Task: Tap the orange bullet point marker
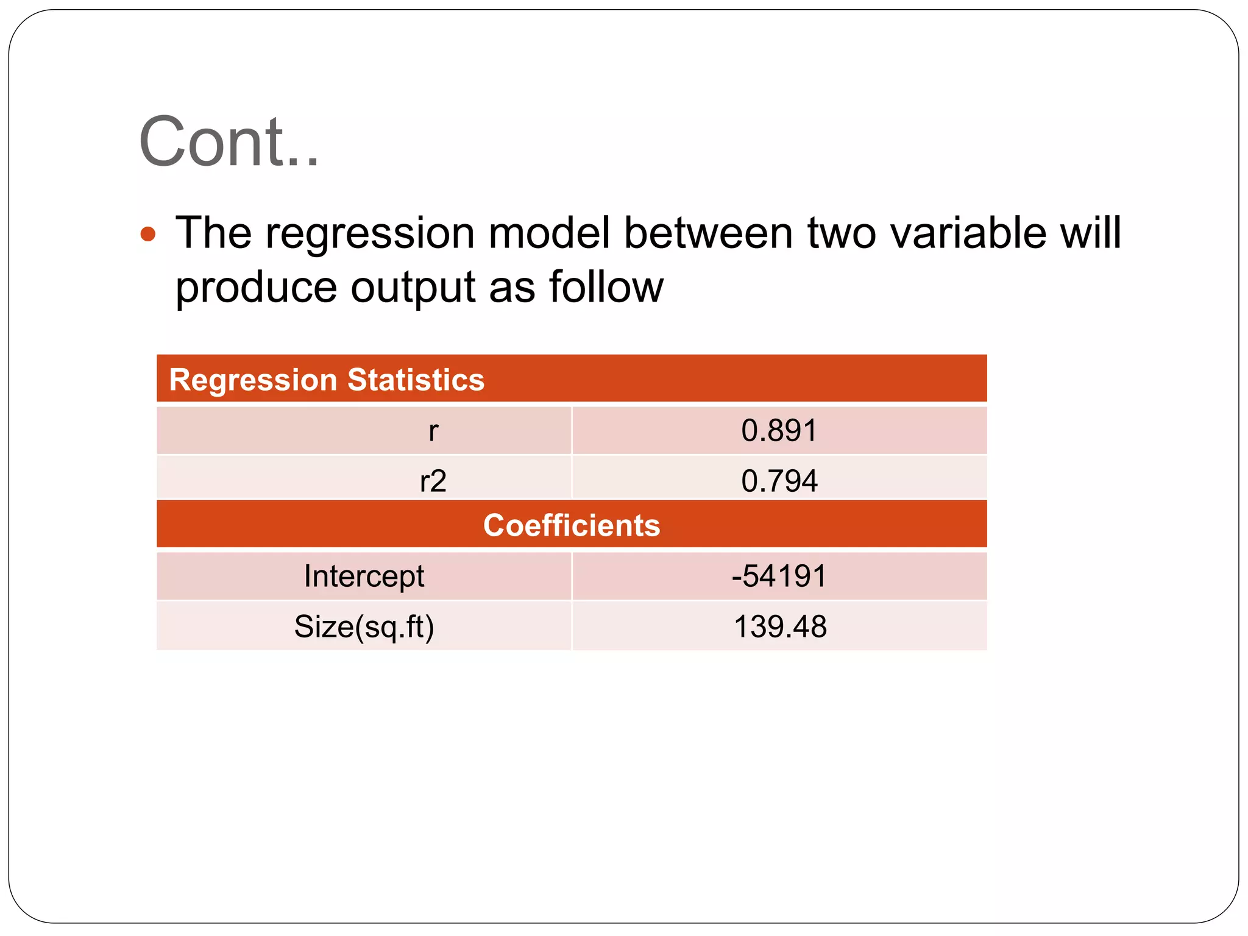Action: [x=148, y=235]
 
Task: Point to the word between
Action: [x=708, y=233]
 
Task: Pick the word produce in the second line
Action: [x=256, y=288]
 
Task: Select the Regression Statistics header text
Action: [x=327, y=380]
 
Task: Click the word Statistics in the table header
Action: [x=416, y=380]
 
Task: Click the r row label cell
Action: [x=433, y=431]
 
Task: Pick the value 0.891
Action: [x=779, y=431]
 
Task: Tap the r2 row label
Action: [x=433, y=481]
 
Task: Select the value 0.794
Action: [x=779, y=481]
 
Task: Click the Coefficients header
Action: [x=572, y=525]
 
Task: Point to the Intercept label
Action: [x=364, y=576]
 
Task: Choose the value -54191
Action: [x=779, y=576]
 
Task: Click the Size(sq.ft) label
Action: [x=364, y=627]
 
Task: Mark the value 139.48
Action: [x=780, y=627]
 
